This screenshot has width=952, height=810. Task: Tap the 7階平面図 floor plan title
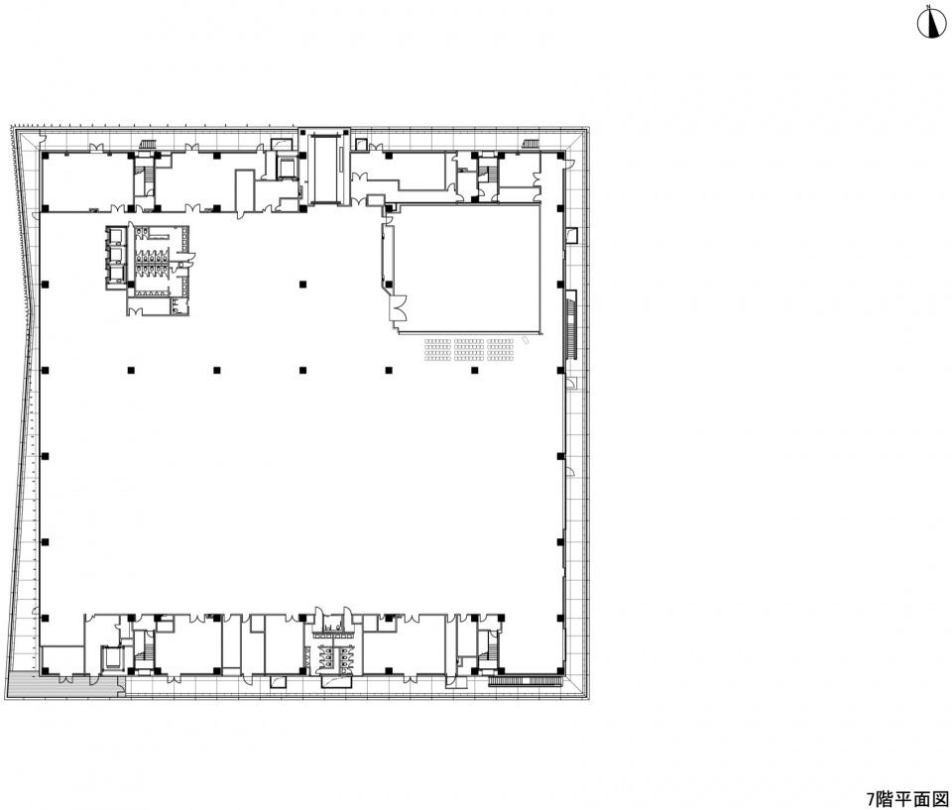tap(906, 798)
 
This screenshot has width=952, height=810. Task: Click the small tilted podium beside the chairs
tap(527, 341)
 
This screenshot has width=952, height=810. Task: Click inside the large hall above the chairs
tap(466, 267)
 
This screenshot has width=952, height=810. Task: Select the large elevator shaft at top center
tap(325, 170)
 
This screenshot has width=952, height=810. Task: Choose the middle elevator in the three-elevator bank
tap(115, 253)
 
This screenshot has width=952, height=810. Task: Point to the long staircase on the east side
tap(571, 325)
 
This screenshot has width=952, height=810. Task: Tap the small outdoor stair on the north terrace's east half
tap(532, 144)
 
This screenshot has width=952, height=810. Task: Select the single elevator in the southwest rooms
tap(112, 657)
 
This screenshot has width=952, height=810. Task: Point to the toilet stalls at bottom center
tap(331, 659)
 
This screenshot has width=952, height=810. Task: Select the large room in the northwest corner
tap(87, 180)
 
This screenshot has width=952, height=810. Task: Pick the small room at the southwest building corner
tap(62, 660)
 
